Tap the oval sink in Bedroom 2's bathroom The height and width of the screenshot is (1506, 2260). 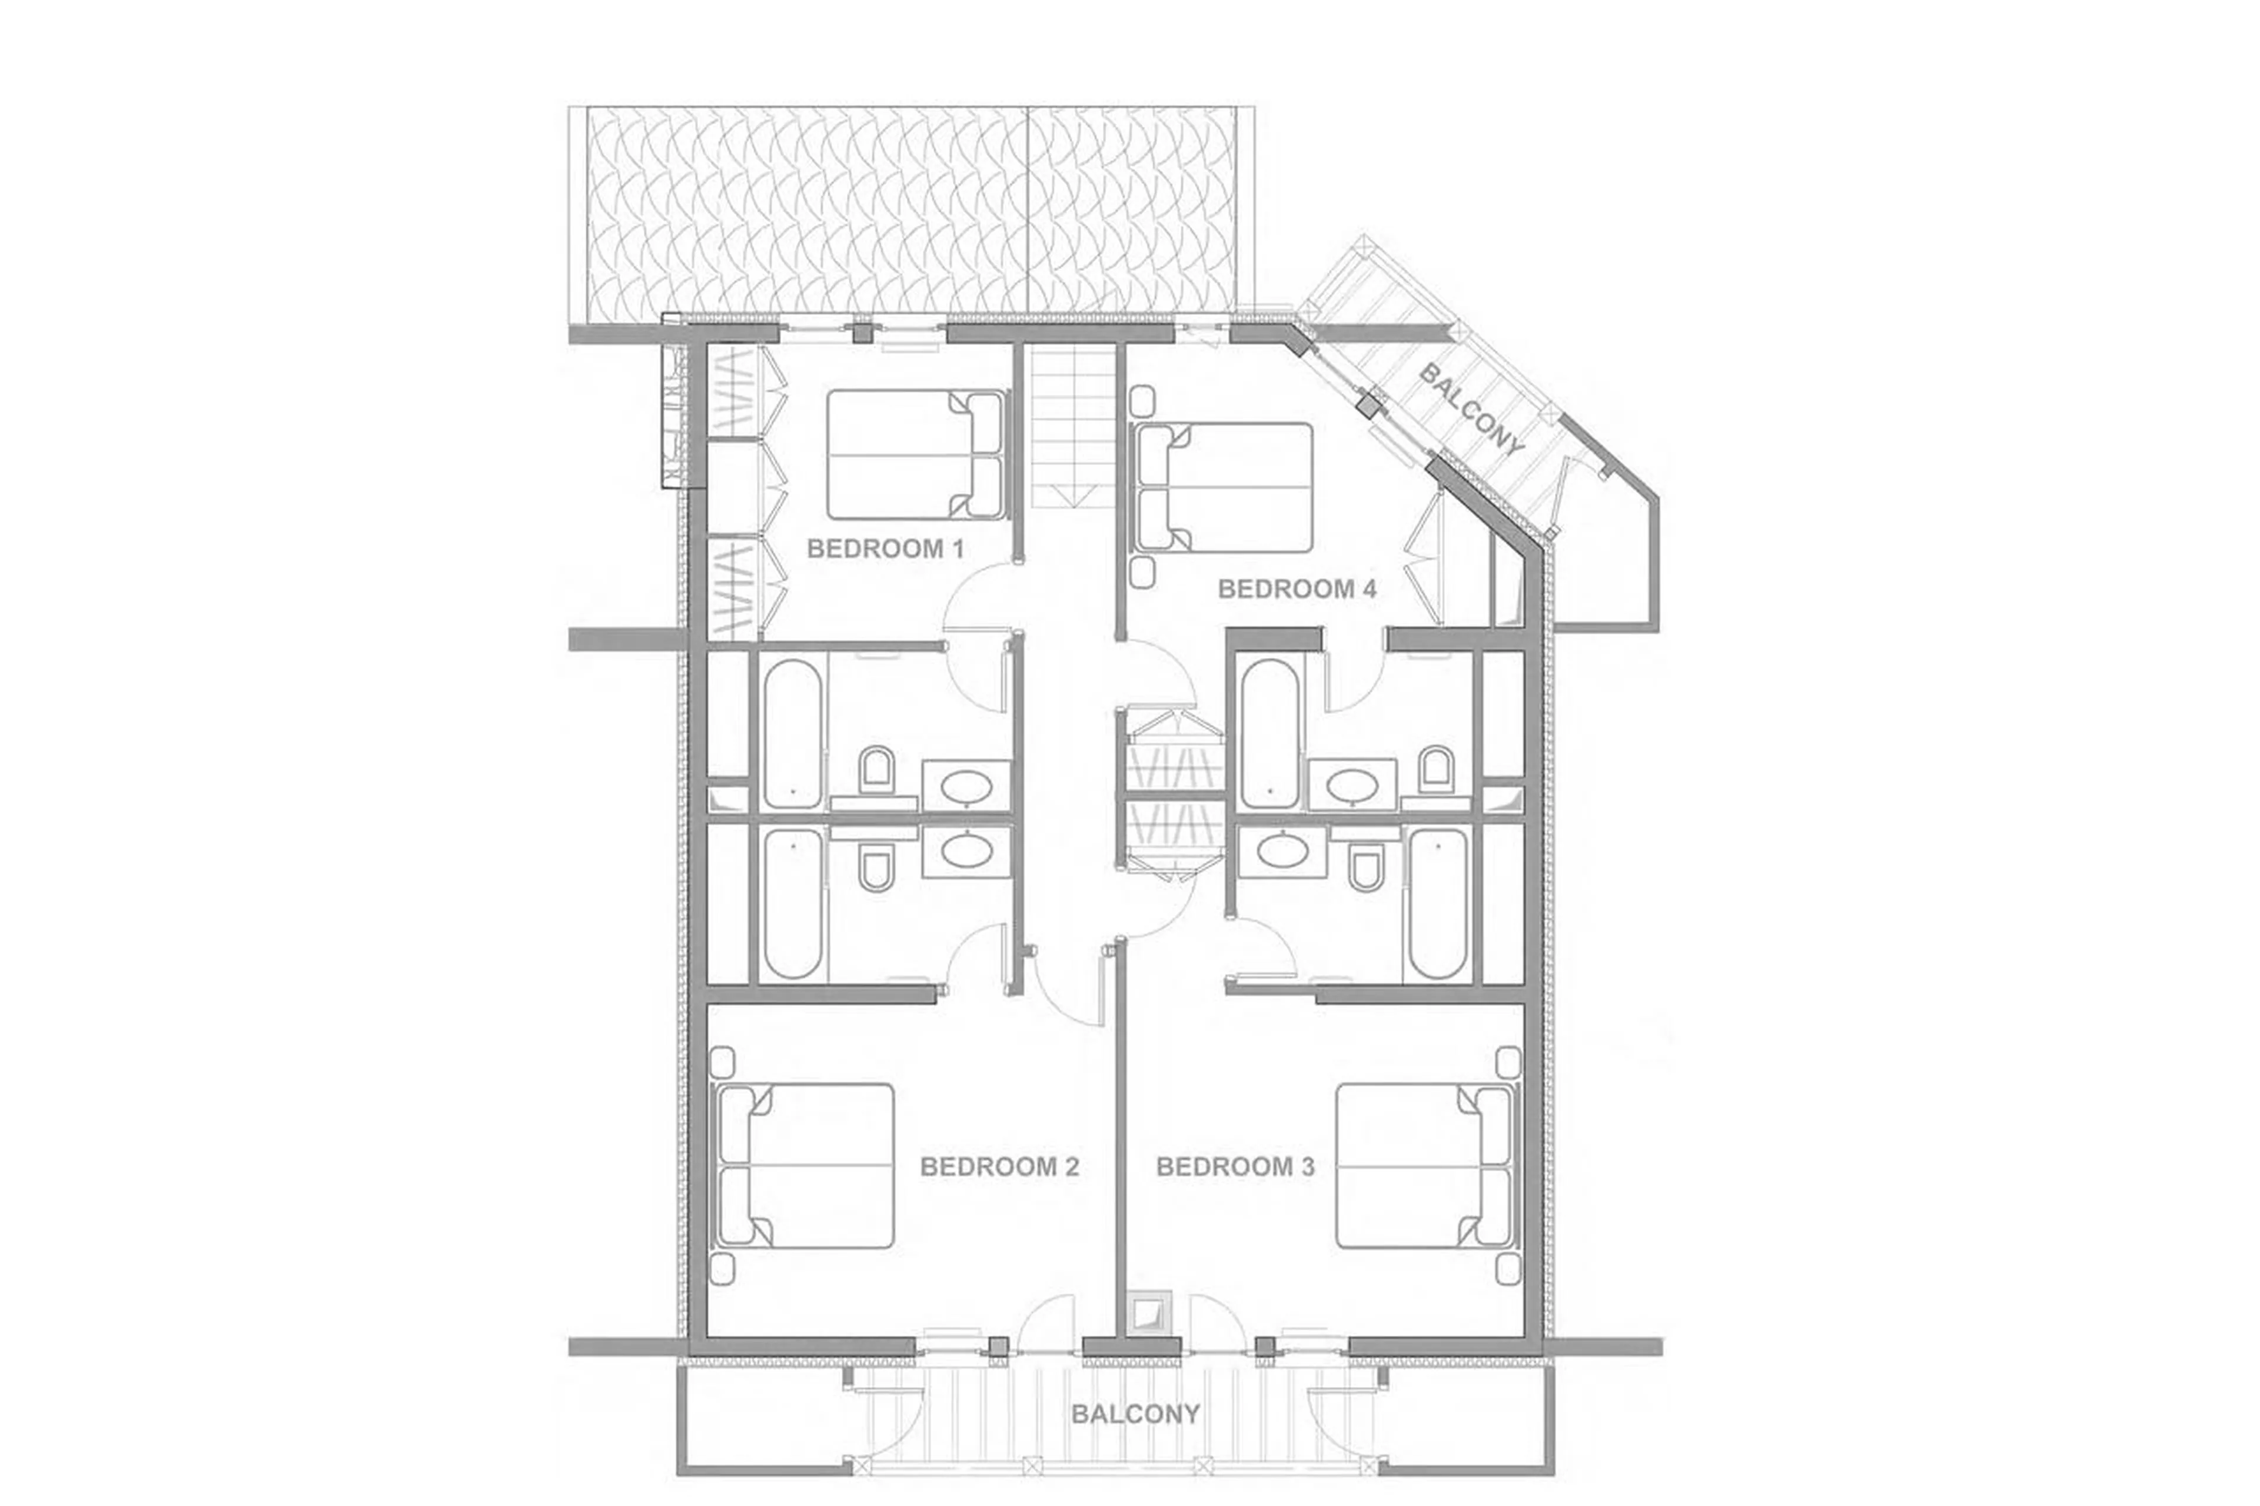966,849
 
